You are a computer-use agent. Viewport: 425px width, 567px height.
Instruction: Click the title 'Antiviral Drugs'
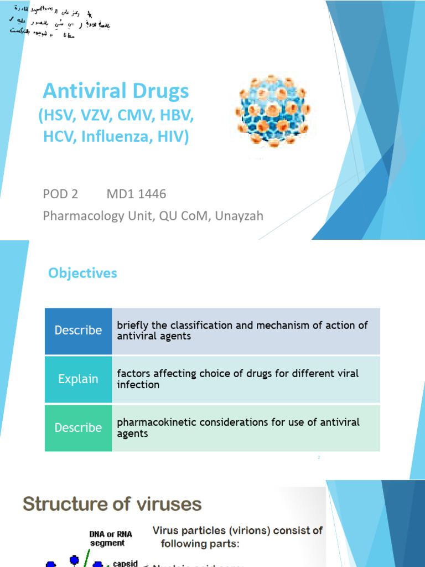click(116, 91)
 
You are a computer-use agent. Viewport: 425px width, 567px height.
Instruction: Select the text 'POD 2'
click(60, 194)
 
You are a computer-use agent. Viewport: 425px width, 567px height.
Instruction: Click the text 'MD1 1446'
click(136, 194)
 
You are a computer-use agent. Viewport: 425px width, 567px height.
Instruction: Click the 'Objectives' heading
click(82, 273)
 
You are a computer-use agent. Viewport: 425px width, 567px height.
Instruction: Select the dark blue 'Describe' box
click(78, 331)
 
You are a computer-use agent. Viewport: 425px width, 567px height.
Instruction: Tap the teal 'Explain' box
click(78, 379)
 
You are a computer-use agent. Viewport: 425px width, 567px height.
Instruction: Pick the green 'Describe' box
click(78, 427)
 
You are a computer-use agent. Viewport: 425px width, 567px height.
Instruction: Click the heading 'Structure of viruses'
click(112, 504)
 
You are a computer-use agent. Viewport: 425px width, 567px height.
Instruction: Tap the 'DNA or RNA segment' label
click(108, 538)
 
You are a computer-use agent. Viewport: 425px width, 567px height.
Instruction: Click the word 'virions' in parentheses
click(236, 530)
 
